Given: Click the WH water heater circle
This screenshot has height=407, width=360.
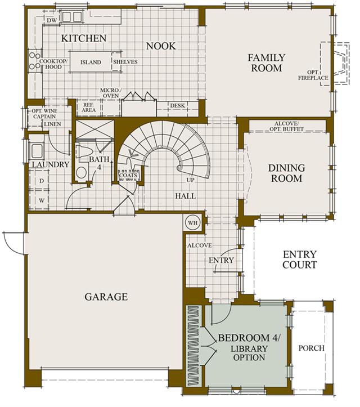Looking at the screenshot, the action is [193, 223].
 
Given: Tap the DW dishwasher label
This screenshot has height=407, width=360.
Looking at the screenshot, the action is [52, 20].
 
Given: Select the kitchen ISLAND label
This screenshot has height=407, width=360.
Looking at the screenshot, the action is [91, 62].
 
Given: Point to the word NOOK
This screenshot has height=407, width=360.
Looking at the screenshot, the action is [161, 46].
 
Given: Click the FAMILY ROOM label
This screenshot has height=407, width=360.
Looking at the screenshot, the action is [267, 62].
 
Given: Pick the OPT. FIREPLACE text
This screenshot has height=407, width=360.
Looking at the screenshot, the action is [313, 75].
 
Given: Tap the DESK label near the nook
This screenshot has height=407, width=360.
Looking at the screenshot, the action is [178, 106].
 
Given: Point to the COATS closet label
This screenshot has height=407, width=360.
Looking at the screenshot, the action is [128, 176].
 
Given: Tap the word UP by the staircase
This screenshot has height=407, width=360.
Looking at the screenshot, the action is [190, 180].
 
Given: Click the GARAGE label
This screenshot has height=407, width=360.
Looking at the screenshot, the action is [106, 297].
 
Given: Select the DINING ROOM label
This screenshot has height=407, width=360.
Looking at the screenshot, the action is [287, 173].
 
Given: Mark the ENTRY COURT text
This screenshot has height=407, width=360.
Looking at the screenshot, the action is [300, 260].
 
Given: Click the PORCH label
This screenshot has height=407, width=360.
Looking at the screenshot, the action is [312, 348].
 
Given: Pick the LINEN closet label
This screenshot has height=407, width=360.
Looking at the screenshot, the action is [53, 124].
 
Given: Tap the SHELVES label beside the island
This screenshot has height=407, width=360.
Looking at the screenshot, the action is [125, 62].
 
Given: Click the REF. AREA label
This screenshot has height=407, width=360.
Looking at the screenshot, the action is [89, 108].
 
